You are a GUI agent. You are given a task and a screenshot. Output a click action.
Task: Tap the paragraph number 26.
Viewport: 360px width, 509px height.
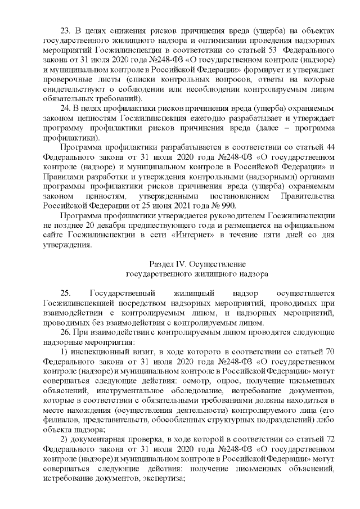point(65,331)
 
